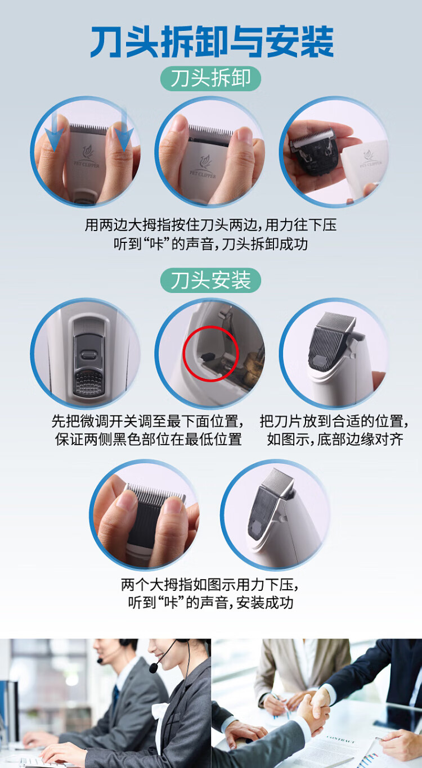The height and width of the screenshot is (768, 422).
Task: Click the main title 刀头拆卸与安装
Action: pos(212,42)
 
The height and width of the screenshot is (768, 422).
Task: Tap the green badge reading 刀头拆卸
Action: pos(210,79)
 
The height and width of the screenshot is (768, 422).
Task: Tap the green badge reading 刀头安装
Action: pos(210,280)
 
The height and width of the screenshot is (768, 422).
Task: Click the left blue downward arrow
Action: pos(54,132)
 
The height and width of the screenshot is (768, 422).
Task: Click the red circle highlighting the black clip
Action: pos(210,354)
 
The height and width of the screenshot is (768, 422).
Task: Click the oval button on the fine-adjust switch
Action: pos(88,355)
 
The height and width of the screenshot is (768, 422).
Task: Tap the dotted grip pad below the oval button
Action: pos(88,382)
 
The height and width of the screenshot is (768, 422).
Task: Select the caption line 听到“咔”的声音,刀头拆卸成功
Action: pos(210,244)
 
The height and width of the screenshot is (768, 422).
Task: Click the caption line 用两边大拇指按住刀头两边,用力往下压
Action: pos(210,225)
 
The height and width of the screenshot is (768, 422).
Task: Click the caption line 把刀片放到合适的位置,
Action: pos(334,421)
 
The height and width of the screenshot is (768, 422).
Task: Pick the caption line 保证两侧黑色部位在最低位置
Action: pos(148,440)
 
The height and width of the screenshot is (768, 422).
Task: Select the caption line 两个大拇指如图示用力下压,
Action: pos(210,585)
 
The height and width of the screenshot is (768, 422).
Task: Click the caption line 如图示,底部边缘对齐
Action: pos(335,440)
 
